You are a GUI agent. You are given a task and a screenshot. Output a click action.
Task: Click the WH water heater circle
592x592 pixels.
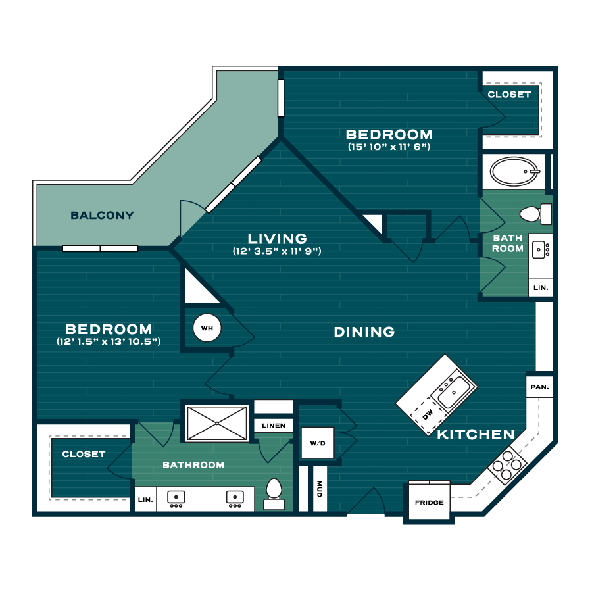[x=207, y=328]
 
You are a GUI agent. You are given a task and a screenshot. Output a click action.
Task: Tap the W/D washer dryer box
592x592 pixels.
[x=318, y=443]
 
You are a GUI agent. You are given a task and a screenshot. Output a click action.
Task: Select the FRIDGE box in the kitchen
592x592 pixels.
[x=430, y=502]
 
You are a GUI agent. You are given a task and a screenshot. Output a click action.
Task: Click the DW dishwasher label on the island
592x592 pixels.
[x=428, y=415]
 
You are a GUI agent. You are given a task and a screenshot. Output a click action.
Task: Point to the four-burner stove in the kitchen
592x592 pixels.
[x=507, y=465]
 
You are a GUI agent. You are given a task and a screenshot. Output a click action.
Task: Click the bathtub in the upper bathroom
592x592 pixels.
[x=515, y=172]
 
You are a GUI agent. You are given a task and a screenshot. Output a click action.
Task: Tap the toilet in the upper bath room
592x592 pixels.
[x=535, y=214]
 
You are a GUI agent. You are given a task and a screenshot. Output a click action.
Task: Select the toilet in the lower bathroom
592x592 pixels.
[x=274, y=494]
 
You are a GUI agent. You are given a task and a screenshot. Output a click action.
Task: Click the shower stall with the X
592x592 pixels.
[x=216, y=423]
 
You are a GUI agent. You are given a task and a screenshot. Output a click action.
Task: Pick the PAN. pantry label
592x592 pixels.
[x=539, y=387]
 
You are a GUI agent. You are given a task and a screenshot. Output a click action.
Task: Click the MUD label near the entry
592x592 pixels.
[x=320, y=489]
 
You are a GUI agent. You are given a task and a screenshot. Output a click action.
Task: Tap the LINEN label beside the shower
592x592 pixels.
[x=274, y=426]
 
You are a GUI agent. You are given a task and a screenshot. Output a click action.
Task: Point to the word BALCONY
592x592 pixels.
[x=103, y=215]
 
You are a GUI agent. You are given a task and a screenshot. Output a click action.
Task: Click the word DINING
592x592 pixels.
[x=364, y=332]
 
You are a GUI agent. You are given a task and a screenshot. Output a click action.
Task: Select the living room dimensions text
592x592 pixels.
[x=277, y=251]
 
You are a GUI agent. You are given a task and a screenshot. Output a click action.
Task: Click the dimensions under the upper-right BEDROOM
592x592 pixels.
[x=389, y=147]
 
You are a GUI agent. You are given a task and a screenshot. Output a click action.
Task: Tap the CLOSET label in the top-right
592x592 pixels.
[x=509, y=94]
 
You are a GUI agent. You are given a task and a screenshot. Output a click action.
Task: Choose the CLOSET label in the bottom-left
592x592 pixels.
[x=84, y=454]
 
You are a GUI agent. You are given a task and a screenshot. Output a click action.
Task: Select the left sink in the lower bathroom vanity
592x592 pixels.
[x=176, y=499]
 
